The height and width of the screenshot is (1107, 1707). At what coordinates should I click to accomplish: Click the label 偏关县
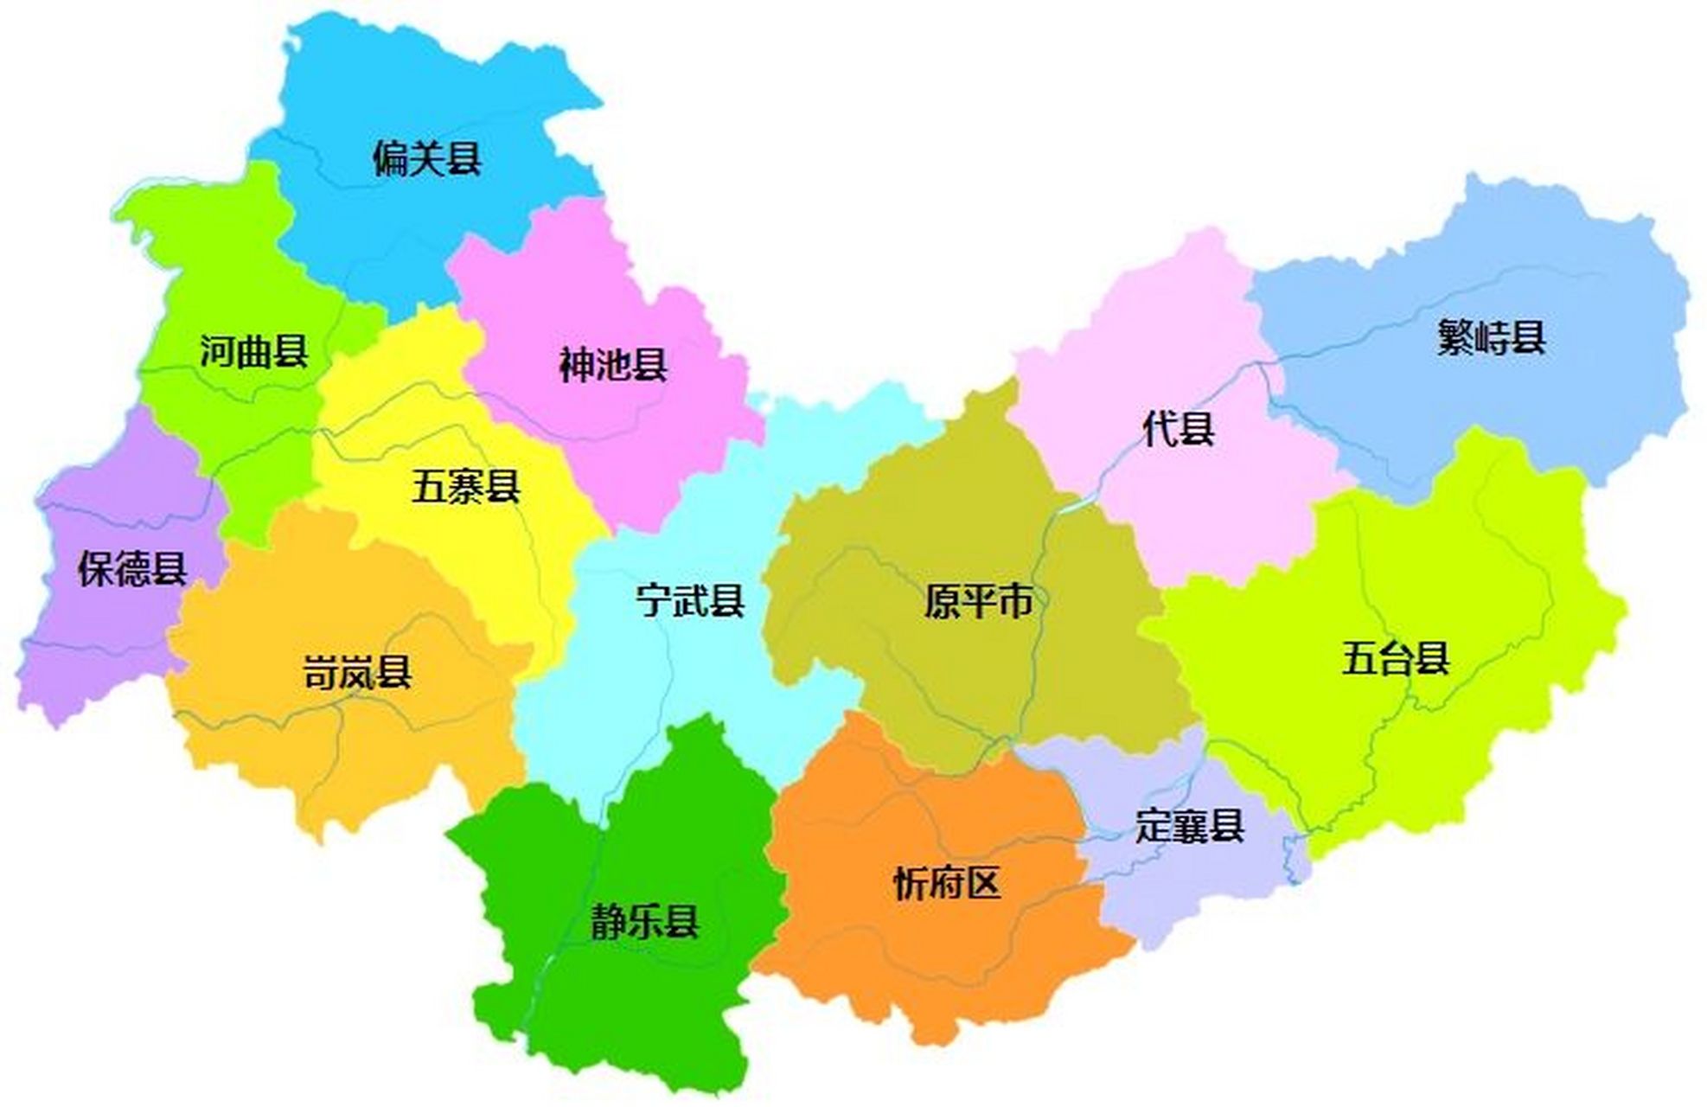(426, 158)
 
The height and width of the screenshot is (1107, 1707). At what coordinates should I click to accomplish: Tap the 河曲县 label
(253, 351)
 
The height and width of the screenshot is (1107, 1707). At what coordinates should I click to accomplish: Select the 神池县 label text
(612, 365)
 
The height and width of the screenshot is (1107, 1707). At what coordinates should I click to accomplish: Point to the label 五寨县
(465, 487)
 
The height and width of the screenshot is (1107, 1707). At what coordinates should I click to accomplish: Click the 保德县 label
(131, 569)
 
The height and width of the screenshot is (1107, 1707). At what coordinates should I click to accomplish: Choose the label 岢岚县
(356, 672)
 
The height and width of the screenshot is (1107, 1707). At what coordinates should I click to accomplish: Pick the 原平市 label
(977, 600)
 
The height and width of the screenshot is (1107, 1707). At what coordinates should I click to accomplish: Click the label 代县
(1178, 428)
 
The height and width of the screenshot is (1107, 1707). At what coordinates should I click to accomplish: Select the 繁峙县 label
(1491, 337)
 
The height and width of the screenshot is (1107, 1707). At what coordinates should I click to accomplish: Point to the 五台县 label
(1395, 657)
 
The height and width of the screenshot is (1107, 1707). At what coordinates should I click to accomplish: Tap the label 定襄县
(1189, 826)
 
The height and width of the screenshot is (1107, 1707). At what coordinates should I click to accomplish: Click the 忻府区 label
(946, 883)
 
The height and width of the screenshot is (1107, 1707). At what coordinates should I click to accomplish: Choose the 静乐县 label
(644, 922)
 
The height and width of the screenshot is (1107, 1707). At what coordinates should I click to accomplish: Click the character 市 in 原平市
(1013, 600)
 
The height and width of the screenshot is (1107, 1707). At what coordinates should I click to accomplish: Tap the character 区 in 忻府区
(982, 883)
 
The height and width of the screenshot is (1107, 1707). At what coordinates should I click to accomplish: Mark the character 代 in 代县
(1160, 428)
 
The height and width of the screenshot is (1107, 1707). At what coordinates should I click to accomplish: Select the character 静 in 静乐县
(608, 922)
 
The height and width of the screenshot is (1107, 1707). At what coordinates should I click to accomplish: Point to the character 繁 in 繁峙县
(1454, 337)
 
